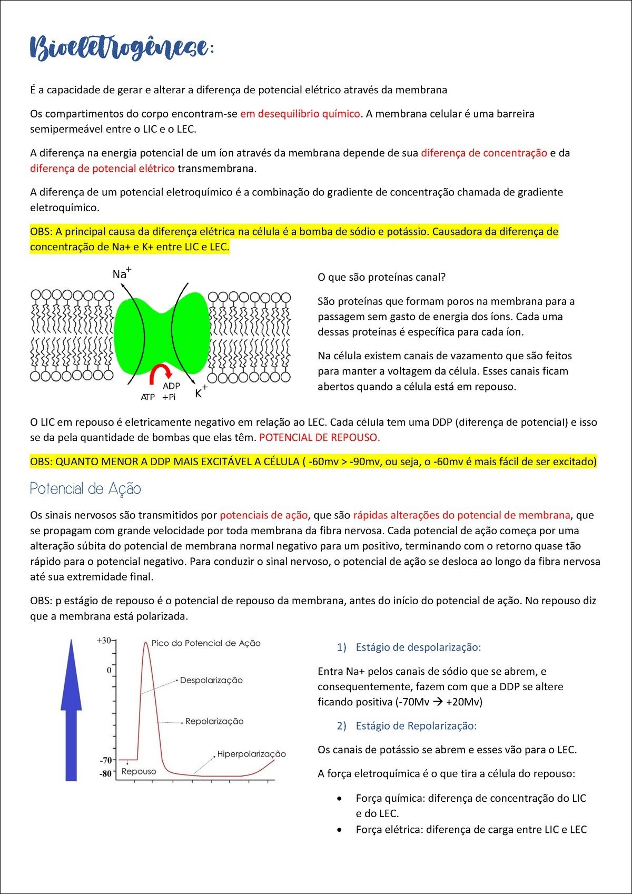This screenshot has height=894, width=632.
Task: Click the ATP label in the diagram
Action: (x=148, y=397)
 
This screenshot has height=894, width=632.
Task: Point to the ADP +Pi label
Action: (x=171, y=391)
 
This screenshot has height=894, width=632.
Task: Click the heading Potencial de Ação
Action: (x=86, y=489)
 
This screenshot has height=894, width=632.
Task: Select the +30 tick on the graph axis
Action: (x=104, y=641)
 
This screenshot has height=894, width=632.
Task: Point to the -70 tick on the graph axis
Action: (x=106, y=760)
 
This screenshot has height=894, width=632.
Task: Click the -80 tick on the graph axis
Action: (x=106, y=773)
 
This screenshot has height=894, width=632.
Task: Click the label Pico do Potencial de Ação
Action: (x=206, y=643)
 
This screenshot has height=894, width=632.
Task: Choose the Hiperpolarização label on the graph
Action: (x=251, y=754)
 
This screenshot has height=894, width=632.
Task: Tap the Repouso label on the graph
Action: (x=139, y=771)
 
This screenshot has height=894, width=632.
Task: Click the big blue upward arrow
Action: (x=71, y=709)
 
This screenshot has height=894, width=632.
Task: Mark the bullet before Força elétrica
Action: (x=341, y=829)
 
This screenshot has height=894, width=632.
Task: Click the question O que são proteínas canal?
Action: (x=381, y=277)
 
